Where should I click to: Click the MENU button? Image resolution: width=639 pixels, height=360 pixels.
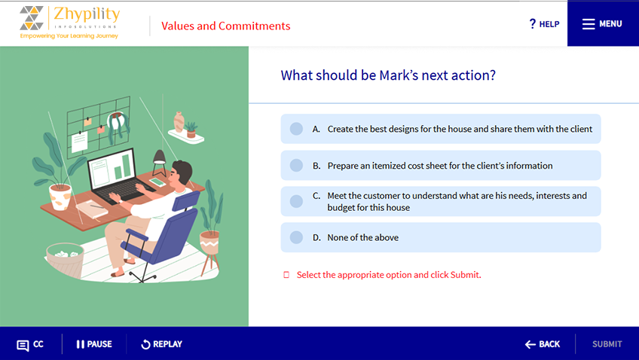pyautogui.click(x=603, y=23)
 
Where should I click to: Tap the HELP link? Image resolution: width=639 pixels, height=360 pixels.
pyautogui.click(x=544, y=24)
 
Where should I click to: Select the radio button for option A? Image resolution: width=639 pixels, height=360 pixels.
pyautogui.click(x=296, y=129)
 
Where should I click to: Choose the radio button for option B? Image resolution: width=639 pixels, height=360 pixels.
pyautogui.click(x=296, y=166)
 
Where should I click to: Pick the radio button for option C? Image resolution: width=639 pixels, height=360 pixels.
pyautogui.click(x=296, y=201)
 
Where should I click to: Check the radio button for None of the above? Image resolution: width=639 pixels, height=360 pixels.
pyautogui.click(x=296, y=237)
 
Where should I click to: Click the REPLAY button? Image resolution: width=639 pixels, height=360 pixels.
pyautogui.click(x=162, y=344)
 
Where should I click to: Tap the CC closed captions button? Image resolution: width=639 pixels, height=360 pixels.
pyautogui.click(x=30, y=344)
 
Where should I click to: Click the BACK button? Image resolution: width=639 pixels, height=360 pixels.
pyautogui.click(x=543, y=344)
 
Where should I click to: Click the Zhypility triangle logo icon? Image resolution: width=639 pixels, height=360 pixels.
pyautogui.click(x=32, y=18)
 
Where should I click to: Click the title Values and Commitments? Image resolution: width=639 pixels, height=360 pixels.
pyautogui.click(x=226, y=26)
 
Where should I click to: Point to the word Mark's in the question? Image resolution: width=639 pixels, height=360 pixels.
pyautogui.click(x=399, y=75)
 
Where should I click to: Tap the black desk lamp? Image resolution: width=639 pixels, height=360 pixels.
pyautogui.click(x=159, y=163)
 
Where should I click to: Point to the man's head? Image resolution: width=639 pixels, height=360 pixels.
pyautogui.click(x=182, y=173)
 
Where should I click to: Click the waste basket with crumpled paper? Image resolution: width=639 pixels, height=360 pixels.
pyautogui.click(x=64, y=260)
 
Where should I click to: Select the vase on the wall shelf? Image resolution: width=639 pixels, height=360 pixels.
pyautogui.click(x=179, y=122)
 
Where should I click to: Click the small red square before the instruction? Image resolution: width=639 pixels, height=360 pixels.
pyautogui.click(x=286, y=275)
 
